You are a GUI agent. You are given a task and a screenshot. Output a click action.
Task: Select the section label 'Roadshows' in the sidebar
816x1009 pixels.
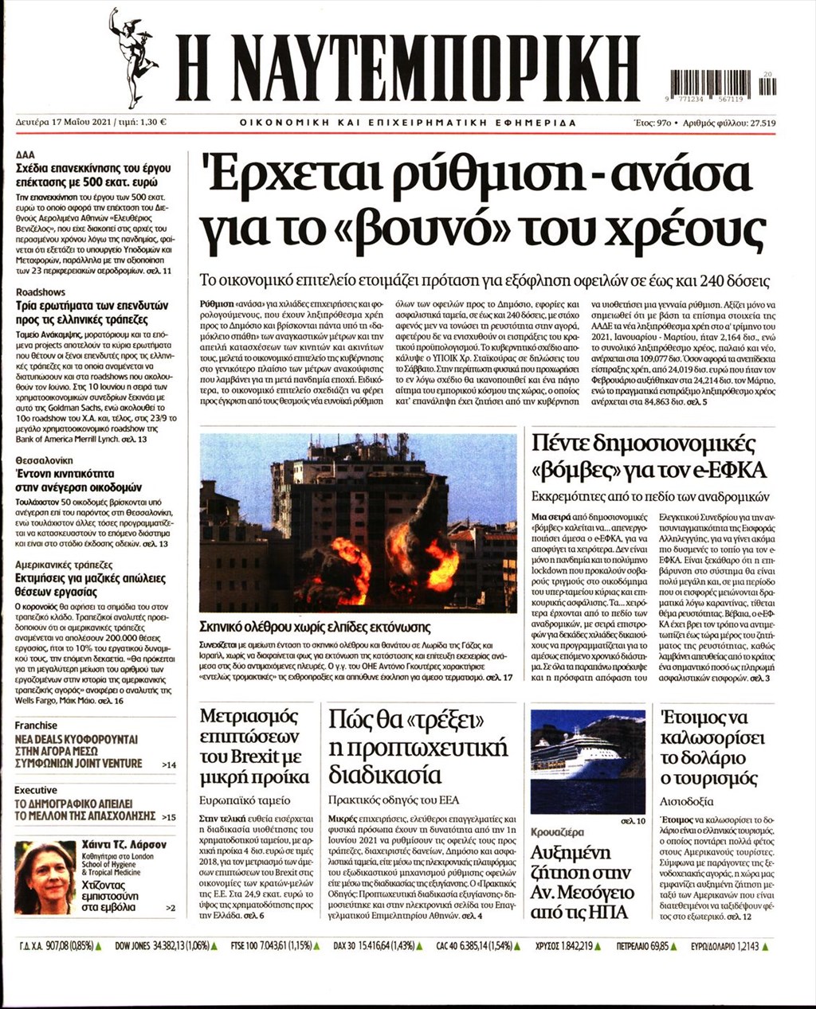click(x=41, y=292)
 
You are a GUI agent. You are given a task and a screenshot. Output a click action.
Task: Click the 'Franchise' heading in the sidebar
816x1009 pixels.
click(x=37, y=725)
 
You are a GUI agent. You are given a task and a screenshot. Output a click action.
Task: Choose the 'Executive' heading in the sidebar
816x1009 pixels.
click(x=36, y=790)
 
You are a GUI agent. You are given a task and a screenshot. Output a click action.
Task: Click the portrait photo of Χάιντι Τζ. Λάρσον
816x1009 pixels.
click(x=45, y=878)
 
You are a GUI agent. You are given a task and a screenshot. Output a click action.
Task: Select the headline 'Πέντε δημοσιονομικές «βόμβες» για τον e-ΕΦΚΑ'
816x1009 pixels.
click(x=649, y=456)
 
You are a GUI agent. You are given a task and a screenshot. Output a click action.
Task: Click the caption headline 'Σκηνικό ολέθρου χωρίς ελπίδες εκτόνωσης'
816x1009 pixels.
click(x=316, y=627)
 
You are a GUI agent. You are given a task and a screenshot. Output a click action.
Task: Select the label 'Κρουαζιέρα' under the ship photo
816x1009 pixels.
click(x=557, y=832)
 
